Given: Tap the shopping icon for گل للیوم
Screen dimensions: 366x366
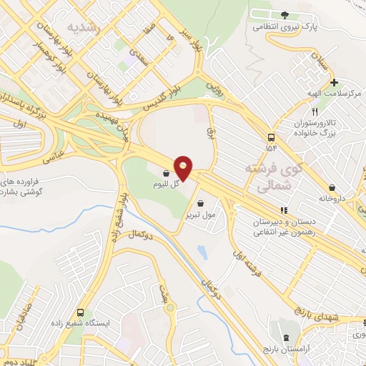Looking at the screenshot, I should tap(166, 173).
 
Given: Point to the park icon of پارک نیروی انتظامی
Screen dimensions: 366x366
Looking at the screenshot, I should tap(285, 15).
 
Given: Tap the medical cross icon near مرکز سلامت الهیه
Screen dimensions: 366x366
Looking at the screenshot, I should tap(334, 82).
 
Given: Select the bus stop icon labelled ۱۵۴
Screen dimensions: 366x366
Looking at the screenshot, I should tap(271, 137).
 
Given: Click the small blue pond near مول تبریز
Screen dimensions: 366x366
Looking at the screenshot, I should tap(202, 252).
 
